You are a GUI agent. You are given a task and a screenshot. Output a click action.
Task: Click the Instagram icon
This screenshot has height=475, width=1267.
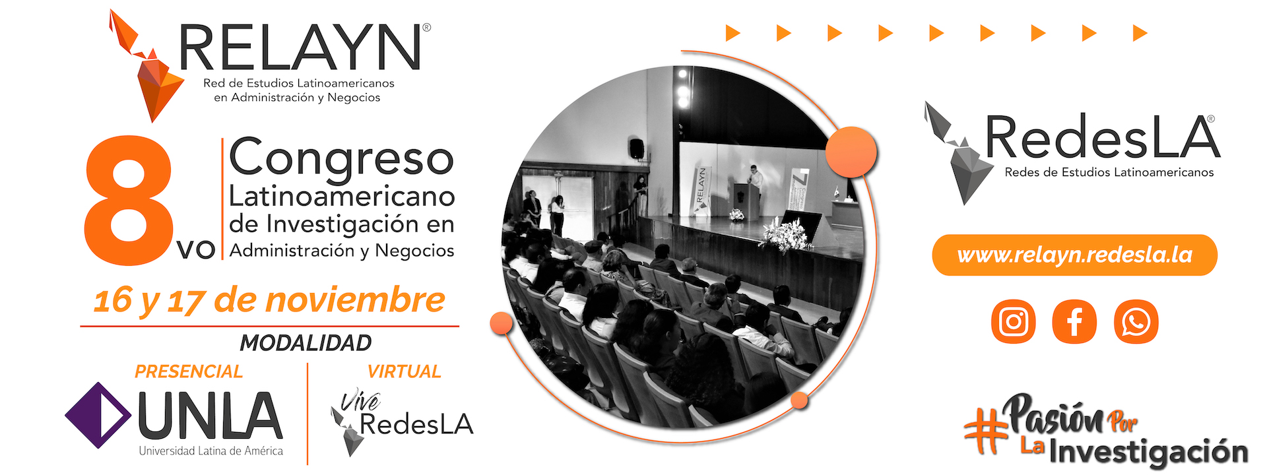(1013, 322)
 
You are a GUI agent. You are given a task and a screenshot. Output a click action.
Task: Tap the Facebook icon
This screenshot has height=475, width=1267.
(1074, 322)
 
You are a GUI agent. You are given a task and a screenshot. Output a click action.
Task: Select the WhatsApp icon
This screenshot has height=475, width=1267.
(1136, 322)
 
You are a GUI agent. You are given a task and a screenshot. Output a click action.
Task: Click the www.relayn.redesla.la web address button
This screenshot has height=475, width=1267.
(1074, 255)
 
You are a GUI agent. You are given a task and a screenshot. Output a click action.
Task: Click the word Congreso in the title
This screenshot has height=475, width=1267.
(341, 158)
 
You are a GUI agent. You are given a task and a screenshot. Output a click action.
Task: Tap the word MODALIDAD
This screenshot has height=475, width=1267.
(306, 343)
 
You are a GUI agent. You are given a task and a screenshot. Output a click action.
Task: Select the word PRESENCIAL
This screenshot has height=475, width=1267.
(189, 371)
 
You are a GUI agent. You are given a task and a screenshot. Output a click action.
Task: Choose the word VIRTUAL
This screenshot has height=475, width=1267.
(404, 371)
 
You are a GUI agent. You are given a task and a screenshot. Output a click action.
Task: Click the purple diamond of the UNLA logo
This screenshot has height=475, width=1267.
(98, 416)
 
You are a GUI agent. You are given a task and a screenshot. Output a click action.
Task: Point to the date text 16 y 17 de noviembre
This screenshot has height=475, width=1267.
(269, 300)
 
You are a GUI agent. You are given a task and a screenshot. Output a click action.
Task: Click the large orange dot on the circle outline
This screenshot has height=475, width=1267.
(851, 152)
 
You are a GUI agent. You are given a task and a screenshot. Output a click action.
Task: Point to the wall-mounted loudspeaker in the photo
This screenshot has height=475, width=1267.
(636, 148)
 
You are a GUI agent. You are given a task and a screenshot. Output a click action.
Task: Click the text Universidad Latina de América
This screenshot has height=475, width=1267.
(211, 451)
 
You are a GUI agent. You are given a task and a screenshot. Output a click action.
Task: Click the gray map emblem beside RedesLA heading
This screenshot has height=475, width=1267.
(957, 153)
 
